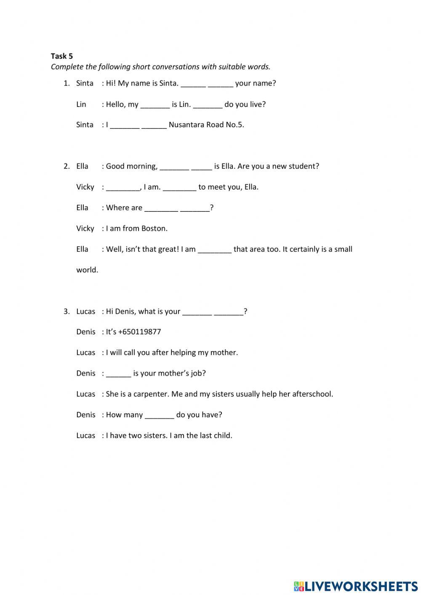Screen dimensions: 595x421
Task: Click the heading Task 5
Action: coord(61,56)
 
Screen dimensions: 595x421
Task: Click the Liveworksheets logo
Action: coord(356,586)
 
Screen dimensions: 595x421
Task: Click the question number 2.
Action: coord(67,166)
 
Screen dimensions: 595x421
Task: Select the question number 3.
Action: coord(67,312)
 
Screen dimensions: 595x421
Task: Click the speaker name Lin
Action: coord(81,104)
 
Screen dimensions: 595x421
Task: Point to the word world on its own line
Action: coord(87,270)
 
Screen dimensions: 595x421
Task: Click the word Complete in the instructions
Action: coord(67,67)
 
